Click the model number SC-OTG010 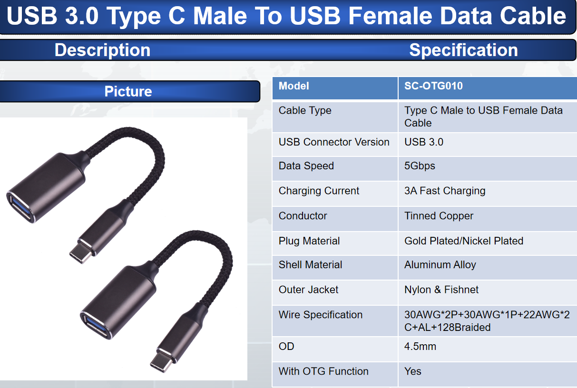(x=433, y=86)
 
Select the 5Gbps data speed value (x=420, y=166)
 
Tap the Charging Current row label (x=319, y=191)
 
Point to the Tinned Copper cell (x=439, y=216)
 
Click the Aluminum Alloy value (x=440, y=265)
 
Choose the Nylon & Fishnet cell (x=441, y=290)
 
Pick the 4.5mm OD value (x=420, y=347)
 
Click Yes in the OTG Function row (x=413, y=371)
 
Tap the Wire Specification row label (x=321, y=315)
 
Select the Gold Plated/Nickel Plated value (x=464, y=241)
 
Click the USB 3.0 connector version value (x=424, y=142)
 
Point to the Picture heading (x=128, y=91)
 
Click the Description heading (x=102, y=50)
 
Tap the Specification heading (x=463, y=50)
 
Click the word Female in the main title (x=390, y=16)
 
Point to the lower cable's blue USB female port (x=96, y=326)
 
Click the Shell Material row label (x=310, y=265)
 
